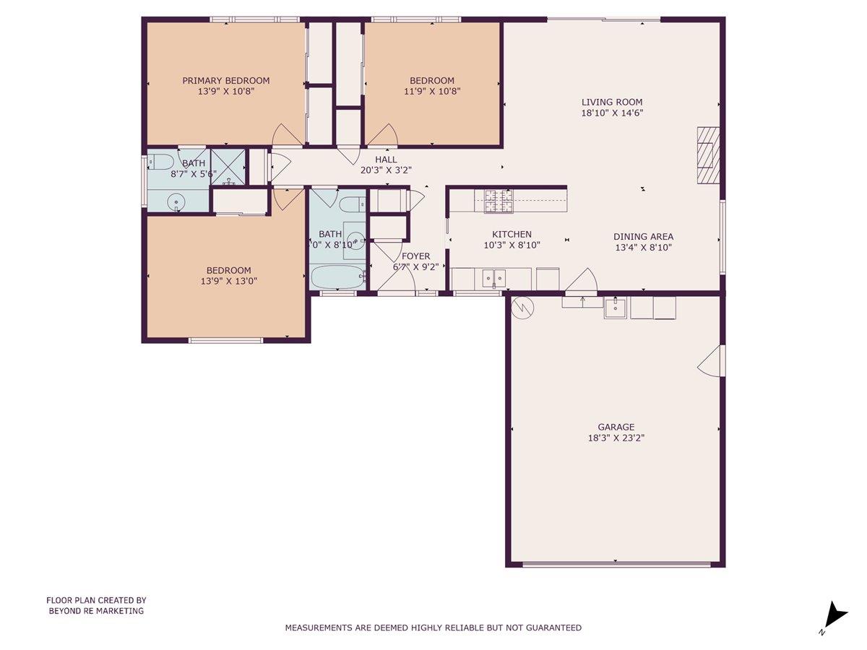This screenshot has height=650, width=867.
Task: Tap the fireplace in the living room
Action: pos(708,155)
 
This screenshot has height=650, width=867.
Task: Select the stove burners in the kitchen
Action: pos(498,201)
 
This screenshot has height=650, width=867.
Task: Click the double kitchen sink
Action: pos(495,277)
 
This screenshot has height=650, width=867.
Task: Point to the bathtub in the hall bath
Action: pos(338,277)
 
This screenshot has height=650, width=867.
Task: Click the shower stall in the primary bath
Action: pos(228,168)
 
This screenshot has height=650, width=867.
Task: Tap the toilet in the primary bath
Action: pos(160,160)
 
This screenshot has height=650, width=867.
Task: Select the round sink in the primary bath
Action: pos(176,201)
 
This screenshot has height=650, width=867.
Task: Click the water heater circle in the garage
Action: pos(521,308)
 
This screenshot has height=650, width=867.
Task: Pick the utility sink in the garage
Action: pos(615,308)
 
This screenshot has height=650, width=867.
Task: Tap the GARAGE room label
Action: pos(616,427)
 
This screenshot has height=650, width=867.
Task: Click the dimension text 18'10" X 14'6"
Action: pos(612,113)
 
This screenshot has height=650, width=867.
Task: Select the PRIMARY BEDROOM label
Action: pos(225,80)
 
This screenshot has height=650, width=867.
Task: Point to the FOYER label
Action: pos(415,256)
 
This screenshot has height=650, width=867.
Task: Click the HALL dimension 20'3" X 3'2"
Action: pos(385,171)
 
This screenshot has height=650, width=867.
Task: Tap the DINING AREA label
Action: pos(643,236)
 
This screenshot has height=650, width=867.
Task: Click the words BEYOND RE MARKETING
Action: pos(96,611)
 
